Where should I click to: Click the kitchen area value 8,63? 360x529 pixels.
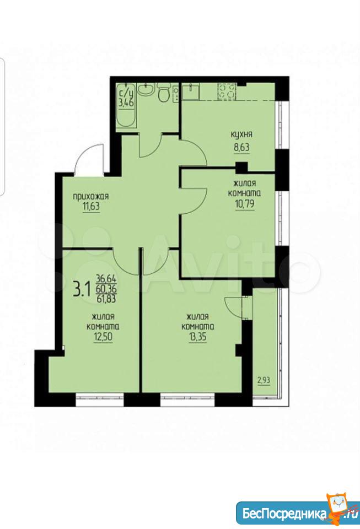click(x=241, y=148)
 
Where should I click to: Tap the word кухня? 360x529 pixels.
click(x=241, y=134)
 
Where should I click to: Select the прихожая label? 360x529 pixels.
click(x=91, y=196)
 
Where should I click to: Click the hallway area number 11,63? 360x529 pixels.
click(x=91, y=206)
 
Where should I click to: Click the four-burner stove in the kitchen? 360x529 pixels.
click(x=227, y=91)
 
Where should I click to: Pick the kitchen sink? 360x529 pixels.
click(x=191, y=91)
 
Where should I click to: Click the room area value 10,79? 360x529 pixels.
click(x=245, y=204)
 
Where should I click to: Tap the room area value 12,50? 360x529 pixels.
click(x=103, y=337)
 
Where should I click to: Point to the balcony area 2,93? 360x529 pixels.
click(x=264, y=381)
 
